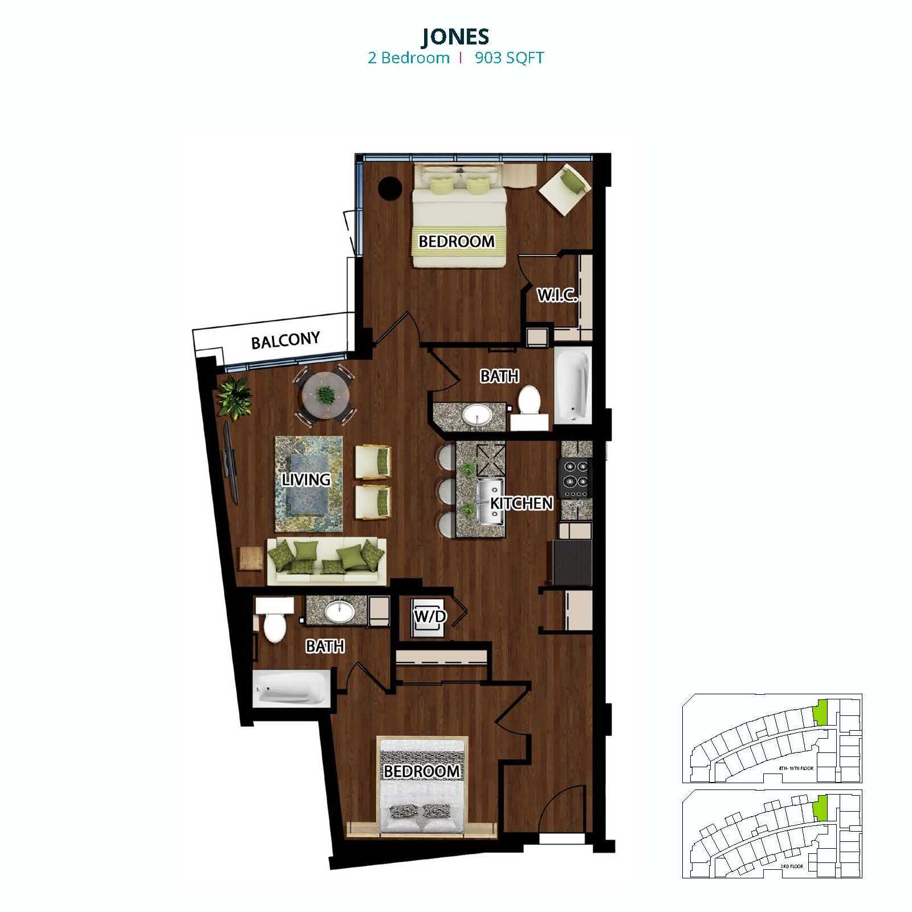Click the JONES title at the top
pos(455,36)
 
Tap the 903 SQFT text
pos(510,58)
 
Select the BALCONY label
pos(285,341)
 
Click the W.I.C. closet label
pos(557,295)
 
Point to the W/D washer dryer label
pos(430,616)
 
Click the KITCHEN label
pos(522,503)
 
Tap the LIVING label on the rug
pos(306,480)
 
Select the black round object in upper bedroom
pos(391,188)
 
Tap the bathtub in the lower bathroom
pos(291,689)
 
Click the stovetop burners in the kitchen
pos(576,478)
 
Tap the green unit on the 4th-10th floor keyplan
pos(820,713)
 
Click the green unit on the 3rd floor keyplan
pos(820,808)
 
